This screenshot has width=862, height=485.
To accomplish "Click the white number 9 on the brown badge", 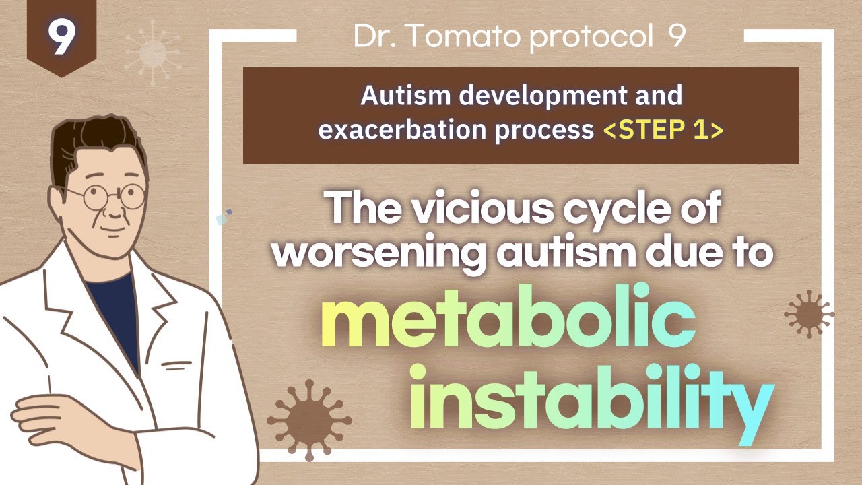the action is tap(61, 37).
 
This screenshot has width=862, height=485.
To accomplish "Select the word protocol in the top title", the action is tap(591, 37).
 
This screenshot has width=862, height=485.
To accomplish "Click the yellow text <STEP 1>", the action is tap(663, 130).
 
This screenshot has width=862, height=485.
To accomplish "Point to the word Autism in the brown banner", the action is tap(405, 96).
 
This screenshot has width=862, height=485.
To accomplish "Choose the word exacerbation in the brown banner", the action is tap(403, 130).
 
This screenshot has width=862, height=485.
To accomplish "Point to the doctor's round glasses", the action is tap(106, 197).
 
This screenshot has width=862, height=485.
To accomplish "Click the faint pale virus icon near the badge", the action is tap(153, 53).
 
